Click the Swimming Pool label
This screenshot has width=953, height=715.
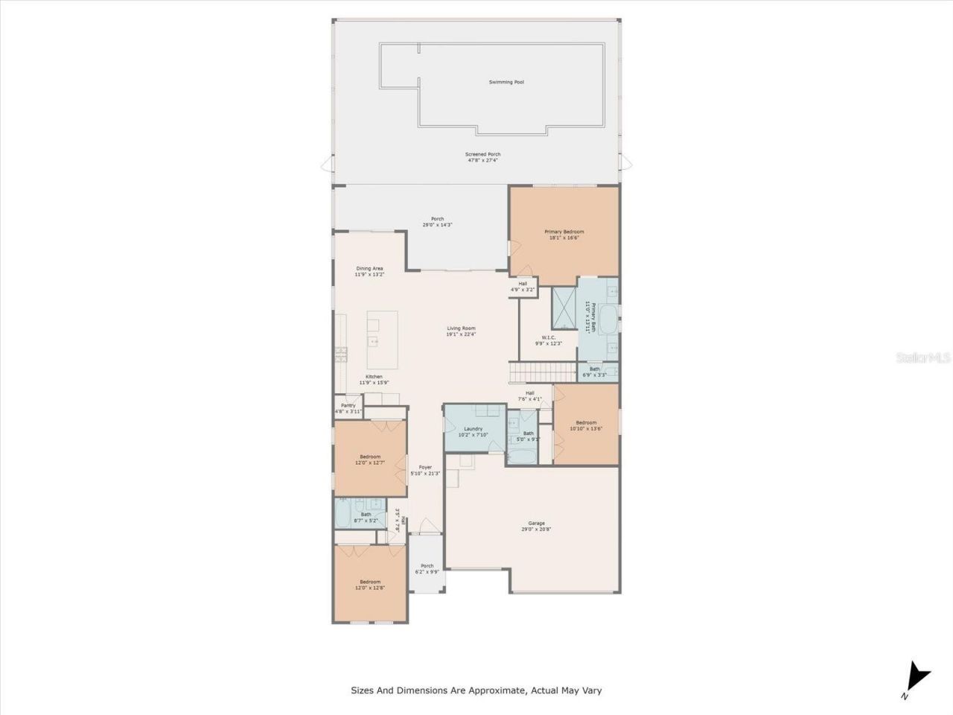tap(506, 82)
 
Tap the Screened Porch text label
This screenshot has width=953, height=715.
tap(482, 154)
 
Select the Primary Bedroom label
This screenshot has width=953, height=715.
tap(564, 232)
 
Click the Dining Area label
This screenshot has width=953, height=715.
tap(369, 268)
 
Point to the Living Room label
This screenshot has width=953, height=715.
tap(461, 328)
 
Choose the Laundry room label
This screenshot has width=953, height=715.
tap(474, 428)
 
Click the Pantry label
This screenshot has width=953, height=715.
tap(348, 405)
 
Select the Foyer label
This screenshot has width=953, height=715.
tap(425, 467)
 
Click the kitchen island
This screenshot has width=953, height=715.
tap(382, 339)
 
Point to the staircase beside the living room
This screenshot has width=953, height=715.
tap(543, 371)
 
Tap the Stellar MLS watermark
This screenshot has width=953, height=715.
tap(923, 357)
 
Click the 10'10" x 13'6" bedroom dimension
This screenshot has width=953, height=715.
tap(586, 429)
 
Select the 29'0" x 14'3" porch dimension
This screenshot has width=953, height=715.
tap(437, 225)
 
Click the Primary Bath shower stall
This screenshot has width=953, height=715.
tap(564, 308)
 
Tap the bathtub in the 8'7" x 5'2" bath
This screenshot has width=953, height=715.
tap(345, 512)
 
